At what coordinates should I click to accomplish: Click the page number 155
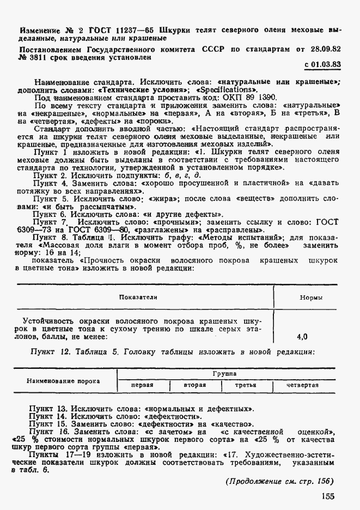pos(327,496)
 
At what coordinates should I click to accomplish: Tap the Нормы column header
pos(311,298)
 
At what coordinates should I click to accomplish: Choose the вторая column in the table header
pos(194,385)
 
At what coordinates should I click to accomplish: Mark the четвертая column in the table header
pos(303,385)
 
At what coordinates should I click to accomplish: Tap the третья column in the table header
pos(246,385)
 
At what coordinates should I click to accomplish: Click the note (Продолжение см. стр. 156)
pos(279,481)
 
